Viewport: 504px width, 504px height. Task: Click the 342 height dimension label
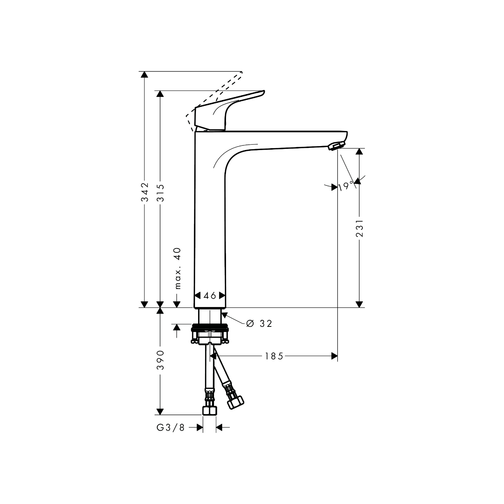click(145, 192)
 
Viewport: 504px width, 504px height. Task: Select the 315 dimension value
click(160, 193)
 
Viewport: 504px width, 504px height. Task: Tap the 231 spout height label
click(360, 228)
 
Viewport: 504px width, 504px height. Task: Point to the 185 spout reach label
click(274, 356)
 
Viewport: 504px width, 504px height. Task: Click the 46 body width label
click(210, 295)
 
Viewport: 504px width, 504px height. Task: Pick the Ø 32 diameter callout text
click(259, 324)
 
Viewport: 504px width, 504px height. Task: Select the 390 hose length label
click(160, 360)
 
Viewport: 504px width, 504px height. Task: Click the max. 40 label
click(178, 268)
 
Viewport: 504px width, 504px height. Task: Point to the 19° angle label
click(346, 187)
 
